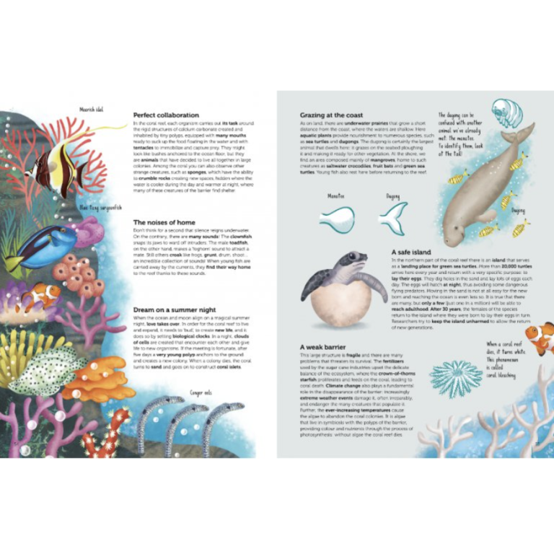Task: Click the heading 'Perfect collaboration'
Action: tap(166, 115)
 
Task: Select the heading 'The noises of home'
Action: tap(164, 223)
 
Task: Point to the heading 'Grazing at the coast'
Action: tap(332, 115)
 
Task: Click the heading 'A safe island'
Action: tap(411, 252)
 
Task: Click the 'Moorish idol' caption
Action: tap(91, 110)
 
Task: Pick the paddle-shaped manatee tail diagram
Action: tap(338, 219)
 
